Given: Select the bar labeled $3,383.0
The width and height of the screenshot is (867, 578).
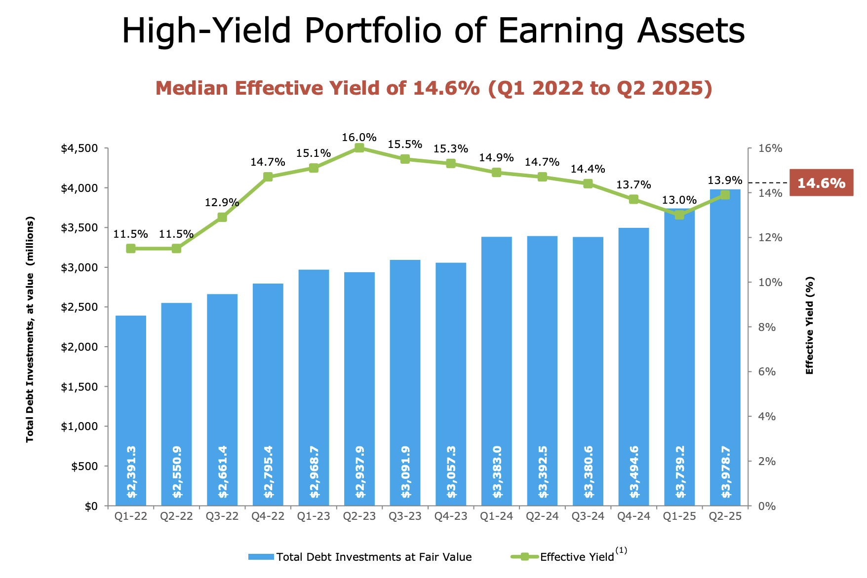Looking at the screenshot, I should (x=497, y=370).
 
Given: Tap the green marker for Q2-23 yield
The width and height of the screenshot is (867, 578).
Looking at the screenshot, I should (x=359, y=148).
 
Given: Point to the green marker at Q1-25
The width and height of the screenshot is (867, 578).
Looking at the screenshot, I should (x=679, y=215).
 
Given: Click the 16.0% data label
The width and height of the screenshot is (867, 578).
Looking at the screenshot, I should (x=359, y=137).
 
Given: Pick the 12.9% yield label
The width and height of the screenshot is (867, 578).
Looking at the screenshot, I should (x=222, y=202).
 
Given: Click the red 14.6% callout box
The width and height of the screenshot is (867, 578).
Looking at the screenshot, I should (x=821, y=183).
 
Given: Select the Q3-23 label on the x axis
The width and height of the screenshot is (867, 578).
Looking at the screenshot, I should (x=405, y=516).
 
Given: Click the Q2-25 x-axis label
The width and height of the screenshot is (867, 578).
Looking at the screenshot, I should (x=725, y=516).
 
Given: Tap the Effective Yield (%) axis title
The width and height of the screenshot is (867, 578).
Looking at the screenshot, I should (x=809, y=325).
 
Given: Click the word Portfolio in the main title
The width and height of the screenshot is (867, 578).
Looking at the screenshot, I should (x=372, y=31).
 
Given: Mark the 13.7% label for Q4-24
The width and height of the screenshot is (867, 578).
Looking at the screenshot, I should (x=633, y=185).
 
